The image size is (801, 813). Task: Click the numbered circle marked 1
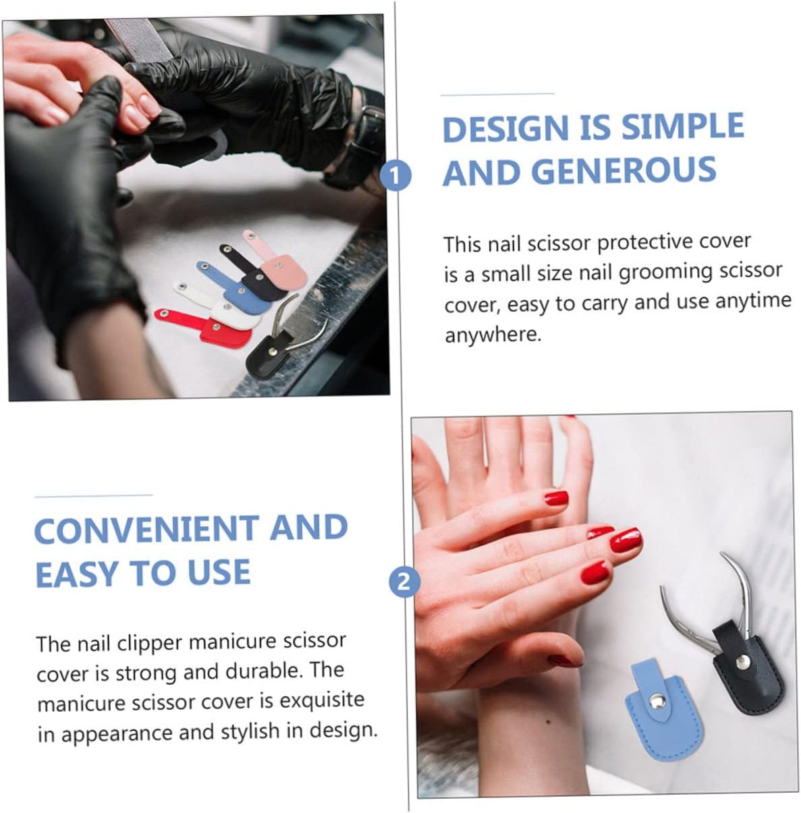395,175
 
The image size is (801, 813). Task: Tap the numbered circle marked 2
404,582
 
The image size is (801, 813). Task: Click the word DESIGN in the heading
506,128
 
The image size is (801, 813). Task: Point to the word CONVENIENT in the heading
146,529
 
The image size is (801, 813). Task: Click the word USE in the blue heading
219,573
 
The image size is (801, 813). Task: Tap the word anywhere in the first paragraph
493,335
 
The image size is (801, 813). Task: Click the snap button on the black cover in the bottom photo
742,663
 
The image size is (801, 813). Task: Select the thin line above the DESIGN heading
497,94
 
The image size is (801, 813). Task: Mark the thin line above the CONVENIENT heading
94,496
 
